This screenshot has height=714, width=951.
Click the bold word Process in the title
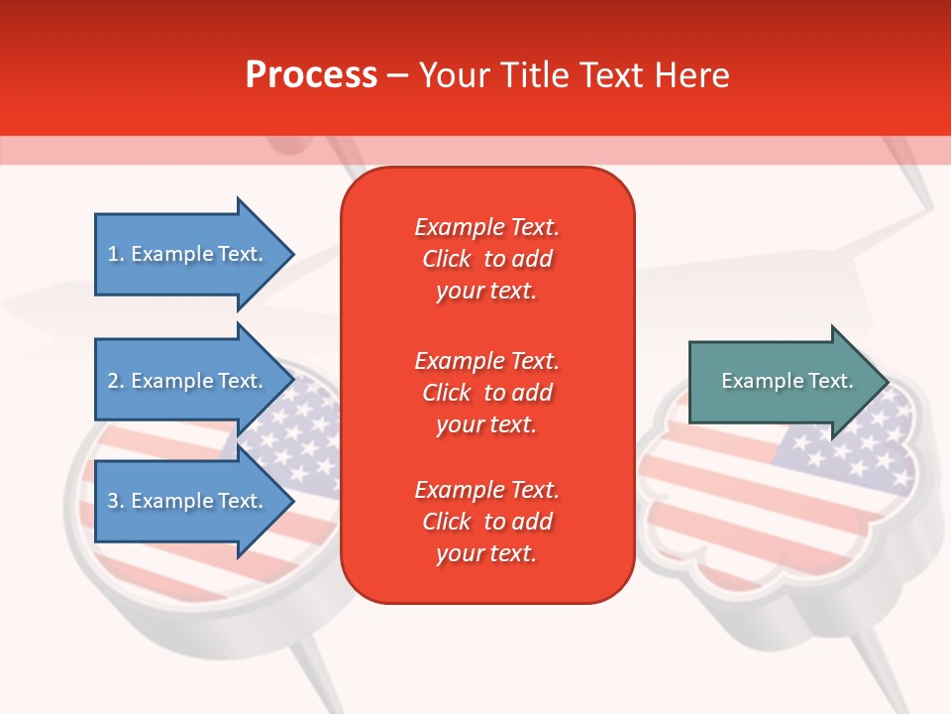(x=311, y=75)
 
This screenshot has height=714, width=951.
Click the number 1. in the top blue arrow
(x=116, y=254)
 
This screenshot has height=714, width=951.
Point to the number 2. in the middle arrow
(x=116, y=381)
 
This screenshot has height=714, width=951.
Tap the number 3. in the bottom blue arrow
(x=116, y=501)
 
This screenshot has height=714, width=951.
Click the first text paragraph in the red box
(x=486, y=259)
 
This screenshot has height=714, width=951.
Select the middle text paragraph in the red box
(x=486, y=392)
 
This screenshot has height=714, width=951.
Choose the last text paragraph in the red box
(x=486, y=522)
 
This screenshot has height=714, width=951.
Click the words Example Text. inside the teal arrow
(x=788, y=381)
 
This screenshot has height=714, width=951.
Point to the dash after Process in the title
(x=398, y=75)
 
